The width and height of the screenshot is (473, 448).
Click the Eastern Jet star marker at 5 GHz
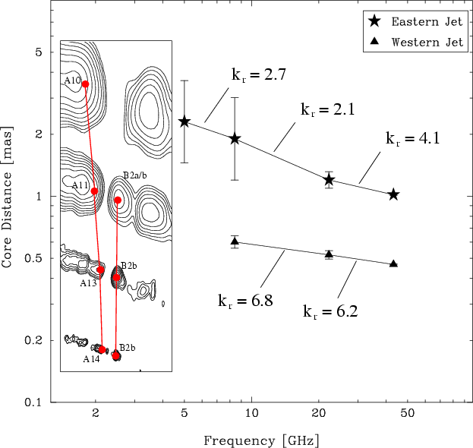[184, 122]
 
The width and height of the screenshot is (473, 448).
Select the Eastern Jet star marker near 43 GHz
[393, 194]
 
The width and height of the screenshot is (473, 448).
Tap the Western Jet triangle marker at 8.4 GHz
[235, 241]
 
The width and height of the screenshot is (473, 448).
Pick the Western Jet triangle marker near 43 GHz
[393, 263]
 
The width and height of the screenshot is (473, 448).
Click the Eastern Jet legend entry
[416, 22]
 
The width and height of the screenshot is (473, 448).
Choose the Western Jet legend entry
[416, 42]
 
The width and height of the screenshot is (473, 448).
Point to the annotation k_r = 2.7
[259, 74]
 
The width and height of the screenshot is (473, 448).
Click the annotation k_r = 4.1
[413, 138]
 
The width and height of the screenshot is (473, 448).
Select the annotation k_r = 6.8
[245, 301]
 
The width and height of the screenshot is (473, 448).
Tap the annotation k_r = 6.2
[330, 311]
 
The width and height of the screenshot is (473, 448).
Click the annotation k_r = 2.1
[328, 109]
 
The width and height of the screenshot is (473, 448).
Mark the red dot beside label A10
[85, 84]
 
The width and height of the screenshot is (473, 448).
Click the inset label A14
[91, 359]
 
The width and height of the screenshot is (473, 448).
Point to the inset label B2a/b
[135, 175]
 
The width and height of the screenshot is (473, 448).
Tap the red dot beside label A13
[100, 270]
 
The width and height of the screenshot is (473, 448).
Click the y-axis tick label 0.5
[33, 258]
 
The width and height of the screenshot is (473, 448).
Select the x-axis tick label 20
[319, 413]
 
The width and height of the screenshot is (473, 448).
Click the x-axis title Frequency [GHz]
[261, 440]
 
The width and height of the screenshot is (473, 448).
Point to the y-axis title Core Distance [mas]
[7, 197]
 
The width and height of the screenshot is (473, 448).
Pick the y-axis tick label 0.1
[33, 402]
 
